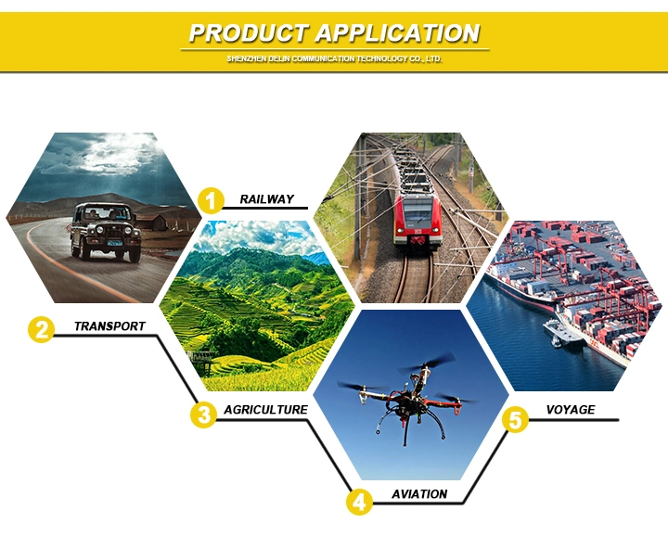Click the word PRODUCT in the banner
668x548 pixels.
[249, 33]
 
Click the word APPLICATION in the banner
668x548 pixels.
[398, 33]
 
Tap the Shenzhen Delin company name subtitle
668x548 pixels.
[334, 58]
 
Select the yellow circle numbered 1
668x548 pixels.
[211, 200]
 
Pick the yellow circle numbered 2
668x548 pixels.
[42, 329]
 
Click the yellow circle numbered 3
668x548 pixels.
[203, 414]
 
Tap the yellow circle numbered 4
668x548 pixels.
[359, 502]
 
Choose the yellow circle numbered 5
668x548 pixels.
[515, 420]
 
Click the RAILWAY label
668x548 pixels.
[266, 199]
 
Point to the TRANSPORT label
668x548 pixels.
[109, 326]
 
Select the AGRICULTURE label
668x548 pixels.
[266, 410]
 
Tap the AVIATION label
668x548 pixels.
[419, 494]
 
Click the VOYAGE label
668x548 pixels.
[571, 410]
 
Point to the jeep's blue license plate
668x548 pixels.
[115, 243]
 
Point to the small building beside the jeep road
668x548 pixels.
[156, 223]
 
